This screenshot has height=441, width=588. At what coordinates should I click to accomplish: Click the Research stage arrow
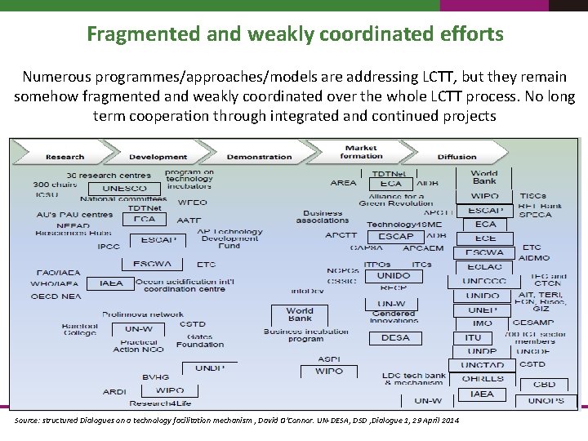click(65, 157)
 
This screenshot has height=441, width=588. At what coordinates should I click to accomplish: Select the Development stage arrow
click(158, 157)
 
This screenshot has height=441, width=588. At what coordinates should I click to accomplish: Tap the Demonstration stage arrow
click(259, 157)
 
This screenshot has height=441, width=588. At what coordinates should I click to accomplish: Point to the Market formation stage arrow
click(360, 153)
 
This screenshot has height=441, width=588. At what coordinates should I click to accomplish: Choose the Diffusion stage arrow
click(457, 157)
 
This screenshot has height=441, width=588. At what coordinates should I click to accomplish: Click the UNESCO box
click(124, 189)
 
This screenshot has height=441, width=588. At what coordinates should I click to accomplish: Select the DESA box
click(394, 337)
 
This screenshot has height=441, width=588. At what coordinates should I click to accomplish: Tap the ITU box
click(473, 337)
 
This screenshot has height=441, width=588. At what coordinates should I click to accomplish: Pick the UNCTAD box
click(482, 365)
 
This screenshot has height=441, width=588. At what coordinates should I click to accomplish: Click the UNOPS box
click(546, 400)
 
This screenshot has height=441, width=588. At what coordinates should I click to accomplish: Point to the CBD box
click(544, 384)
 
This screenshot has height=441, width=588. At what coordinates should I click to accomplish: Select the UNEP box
click(483, 310)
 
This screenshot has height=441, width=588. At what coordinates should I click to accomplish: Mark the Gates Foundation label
click(199, 340)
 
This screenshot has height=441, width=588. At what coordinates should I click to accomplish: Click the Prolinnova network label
click(143, 314)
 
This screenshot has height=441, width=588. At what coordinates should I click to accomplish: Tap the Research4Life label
click(158, 403)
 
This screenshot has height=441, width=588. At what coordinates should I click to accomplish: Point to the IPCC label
click(109, 246)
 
